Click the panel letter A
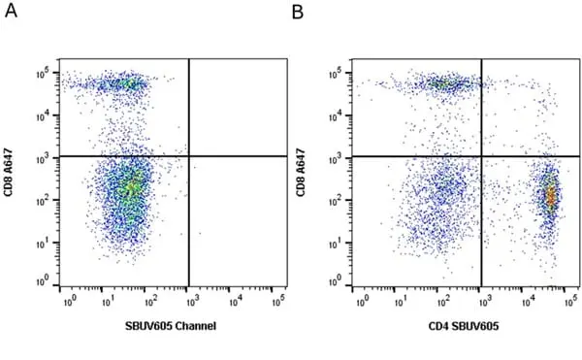[x=11, y=11]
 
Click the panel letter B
[x=298, y=12]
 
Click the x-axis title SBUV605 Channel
[x=171, y=326]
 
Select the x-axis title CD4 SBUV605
[x=464, y=326]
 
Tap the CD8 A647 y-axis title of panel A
[x=9, y=173]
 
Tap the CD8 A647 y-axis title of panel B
[x=301, y=173]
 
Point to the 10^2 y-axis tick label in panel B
[x=336, y=201]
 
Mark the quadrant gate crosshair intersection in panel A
[x=189, y=156]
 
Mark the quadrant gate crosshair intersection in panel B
[x=482, y=156]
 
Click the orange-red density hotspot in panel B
[x=551, y=195]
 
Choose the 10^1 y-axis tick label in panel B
[x=336, y=243]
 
